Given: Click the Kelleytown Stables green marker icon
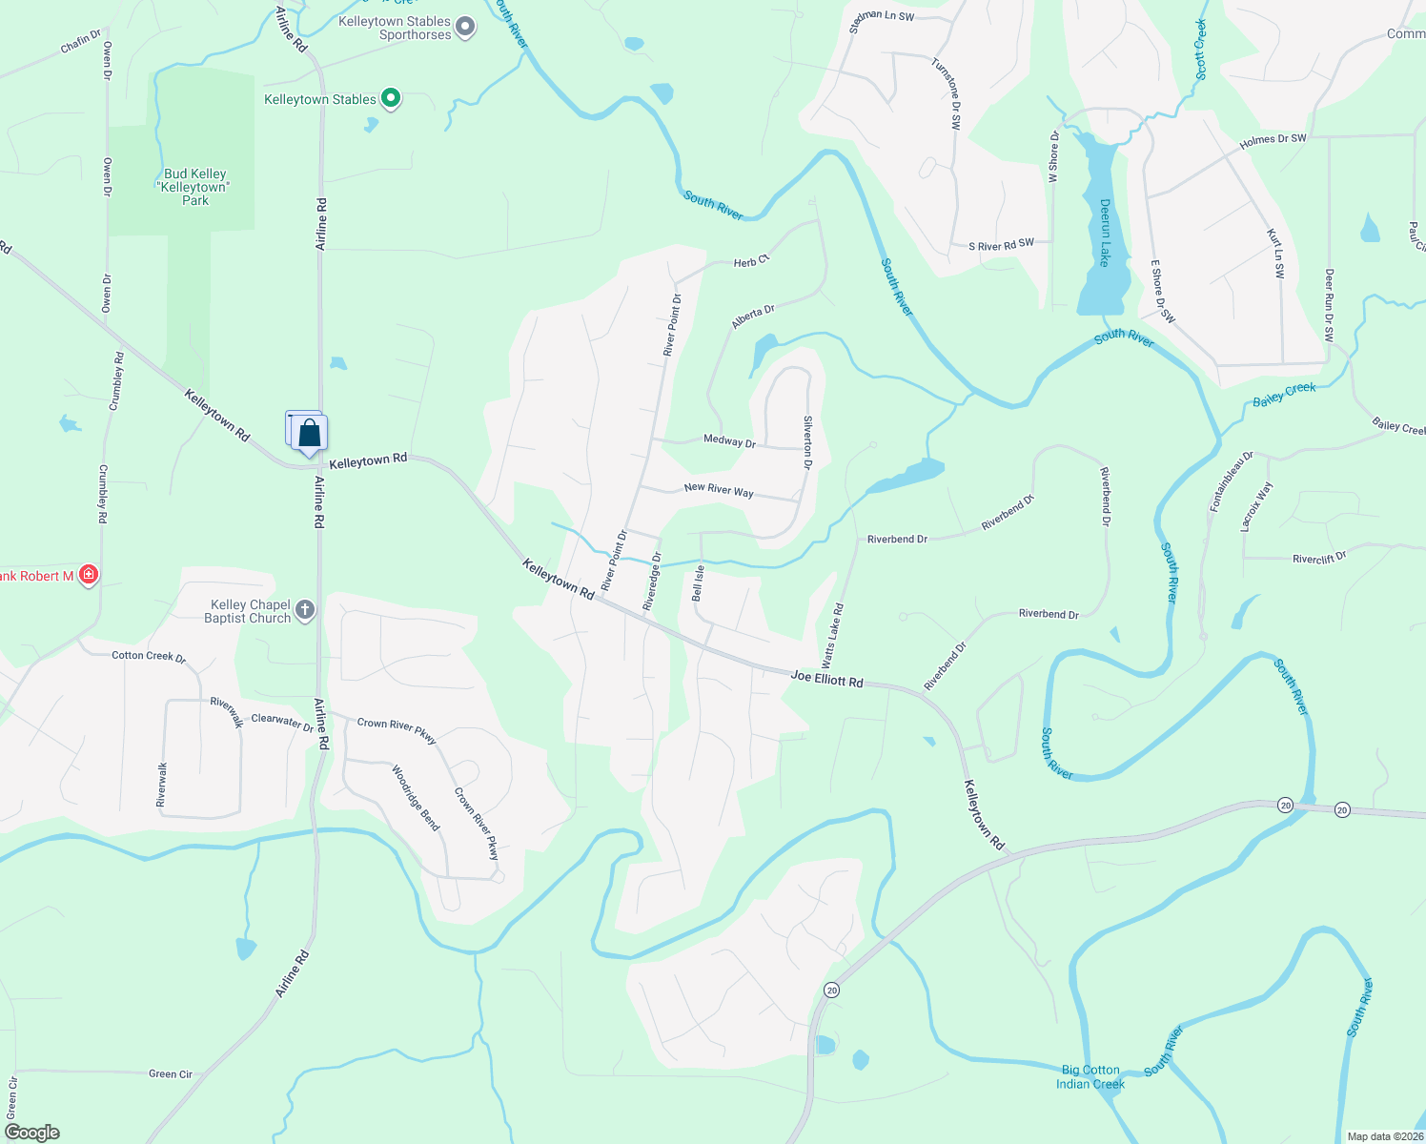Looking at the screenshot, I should pyautogui.click(x=391, y=98).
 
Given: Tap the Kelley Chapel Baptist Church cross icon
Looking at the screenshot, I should pyautogui.click(x=305, y=610).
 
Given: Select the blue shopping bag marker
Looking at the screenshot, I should pyautogui.click(x=310, y=434).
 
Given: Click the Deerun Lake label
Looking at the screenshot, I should pyautogui.click(x=1105, y=234).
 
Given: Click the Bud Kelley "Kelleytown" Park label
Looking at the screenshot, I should pyautogui.click(x=194, y=187).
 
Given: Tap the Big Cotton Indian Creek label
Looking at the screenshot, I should pyautogui.click(x=1090, y=1077).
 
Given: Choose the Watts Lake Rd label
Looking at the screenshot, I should pyautogui.click(x=832, y=635).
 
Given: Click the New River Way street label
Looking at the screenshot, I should pyautogui.click(x=719, y=490).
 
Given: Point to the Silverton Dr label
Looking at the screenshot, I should pyautogui.click(x=807, y=442).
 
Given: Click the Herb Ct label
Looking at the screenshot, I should pyautogui.click(x=751, y=260).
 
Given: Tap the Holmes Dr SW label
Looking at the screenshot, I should pyautogui.click(x=1273, y=140).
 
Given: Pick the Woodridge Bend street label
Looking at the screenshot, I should pyautogui.click(x=416, y=798).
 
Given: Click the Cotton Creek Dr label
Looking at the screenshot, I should pyautogui.click(x=149, y=656).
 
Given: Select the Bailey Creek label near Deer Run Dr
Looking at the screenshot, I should pyautogui.click(x=1284, y=394).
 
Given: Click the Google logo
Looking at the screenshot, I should pyautogui.click(x=33, y=1133).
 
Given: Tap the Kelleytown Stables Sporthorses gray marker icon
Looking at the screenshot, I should pyautogui.click(x=465, y=27).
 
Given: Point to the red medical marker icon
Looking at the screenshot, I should pyautogui.click(x=88, y=575).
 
